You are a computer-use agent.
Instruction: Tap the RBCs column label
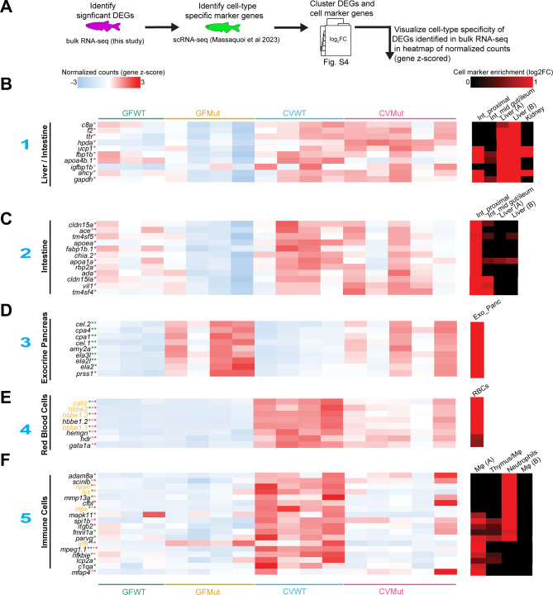click(x=483, y=394)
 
